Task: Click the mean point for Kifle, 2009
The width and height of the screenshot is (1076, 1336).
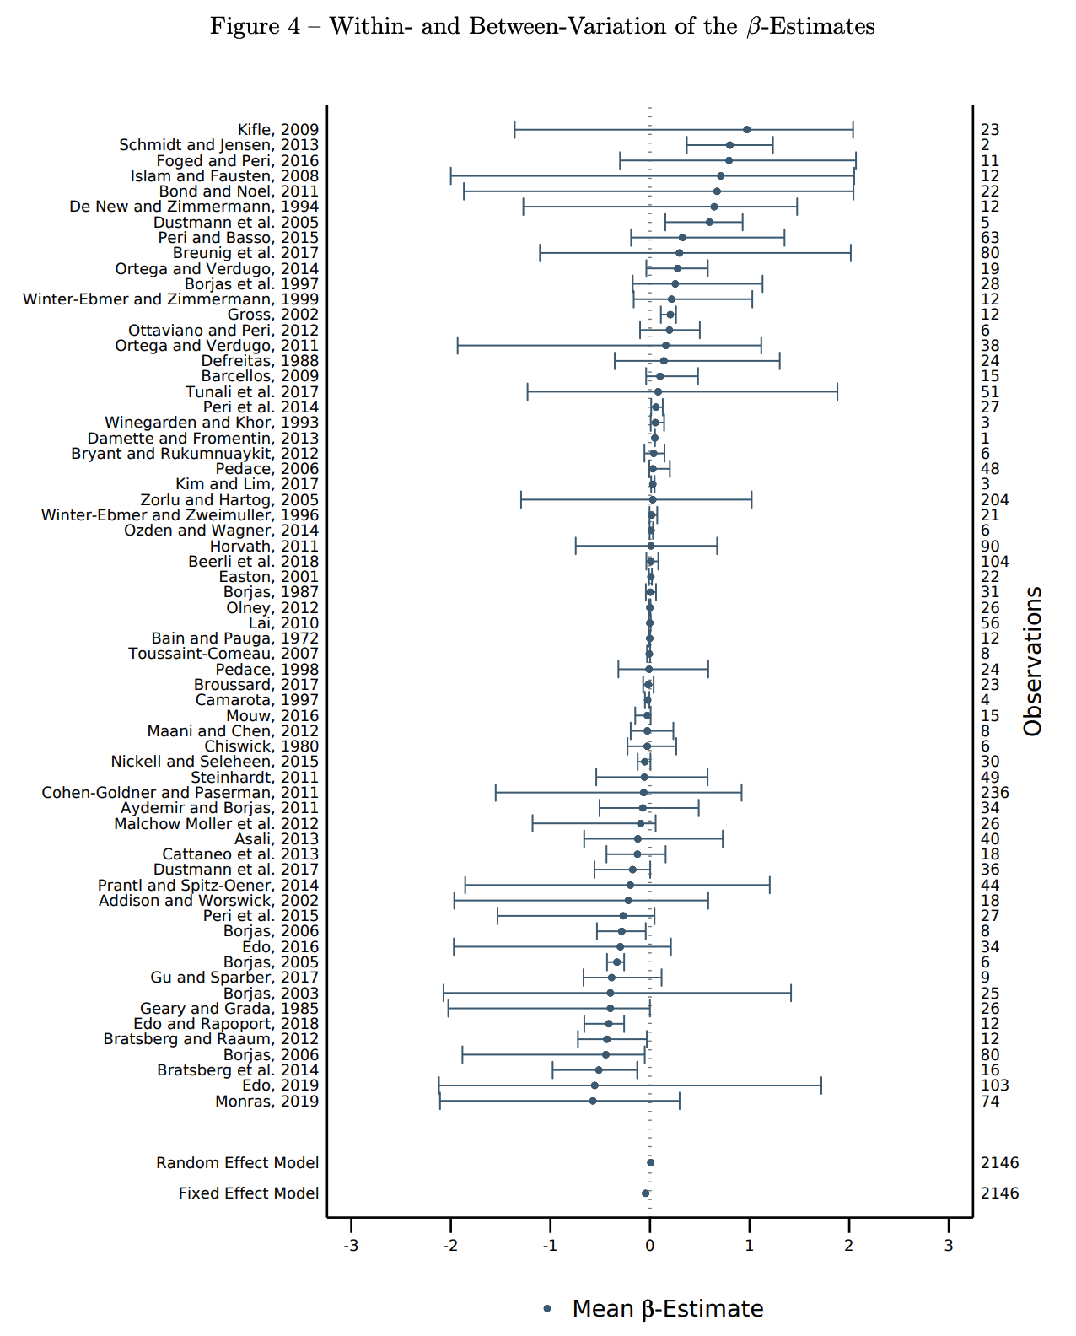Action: [746, 130]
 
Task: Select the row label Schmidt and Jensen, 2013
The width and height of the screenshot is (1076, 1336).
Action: [218, 145]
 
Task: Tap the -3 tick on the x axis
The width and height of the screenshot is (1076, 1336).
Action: [351, 1246]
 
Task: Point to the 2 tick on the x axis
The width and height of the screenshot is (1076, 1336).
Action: [849, 1246]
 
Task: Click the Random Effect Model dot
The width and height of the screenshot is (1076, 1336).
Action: [650, 1162]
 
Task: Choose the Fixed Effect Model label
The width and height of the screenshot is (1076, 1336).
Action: [249, 1193]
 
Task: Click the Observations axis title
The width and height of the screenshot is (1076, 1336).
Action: [1033, 661]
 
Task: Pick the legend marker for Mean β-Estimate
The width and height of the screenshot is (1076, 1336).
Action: [547, 1309]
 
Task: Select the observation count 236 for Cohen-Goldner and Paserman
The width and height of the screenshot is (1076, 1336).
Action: [994, 793]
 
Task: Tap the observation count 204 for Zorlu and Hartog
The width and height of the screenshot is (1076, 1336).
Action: [994, 500]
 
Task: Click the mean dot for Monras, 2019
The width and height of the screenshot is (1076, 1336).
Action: [593, 1101]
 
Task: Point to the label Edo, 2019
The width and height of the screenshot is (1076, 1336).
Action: [280, 1085]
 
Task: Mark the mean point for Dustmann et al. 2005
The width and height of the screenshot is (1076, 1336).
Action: [709, 222]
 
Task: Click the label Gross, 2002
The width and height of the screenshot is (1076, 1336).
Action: [273, 315]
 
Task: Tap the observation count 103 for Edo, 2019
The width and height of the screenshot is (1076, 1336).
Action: [994, 1085]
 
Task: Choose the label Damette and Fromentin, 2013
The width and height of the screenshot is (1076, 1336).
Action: [203, 439]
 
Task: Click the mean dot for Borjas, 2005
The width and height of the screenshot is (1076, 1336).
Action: [616, 962]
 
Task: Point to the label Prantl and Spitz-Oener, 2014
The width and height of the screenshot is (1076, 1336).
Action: [208, 886]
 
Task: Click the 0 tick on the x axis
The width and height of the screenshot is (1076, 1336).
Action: [649, 1246]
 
